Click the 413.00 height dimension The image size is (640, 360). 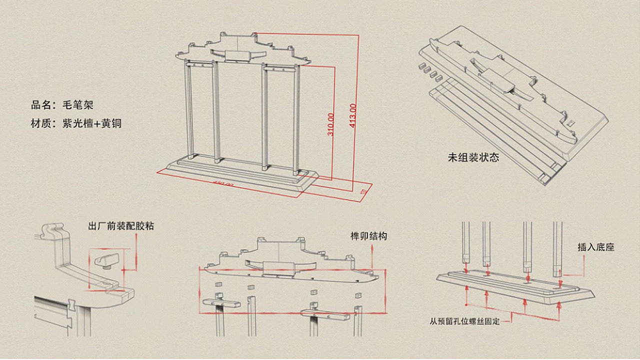[x=353, y=115]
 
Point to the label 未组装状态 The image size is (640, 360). [x=473, y=157]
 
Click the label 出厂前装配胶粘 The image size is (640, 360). [x=120, y=226]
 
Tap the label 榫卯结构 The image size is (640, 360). [x=369, y=236]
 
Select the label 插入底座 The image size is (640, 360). [x=595, y=247]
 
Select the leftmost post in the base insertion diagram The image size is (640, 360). [x=465, y=242]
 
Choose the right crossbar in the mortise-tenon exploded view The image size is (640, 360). [x=325, y=314]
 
